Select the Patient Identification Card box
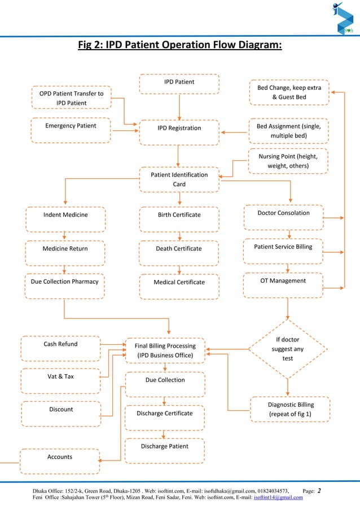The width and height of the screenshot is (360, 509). tap(179, 179)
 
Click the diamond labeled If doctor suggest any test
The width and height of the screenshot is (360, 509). tap(288, 349)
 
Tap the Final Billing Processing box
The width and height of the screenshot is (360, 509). tap(165, 350)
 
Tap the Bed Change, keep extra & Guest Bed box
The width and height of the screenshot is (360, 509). tap(289, 93)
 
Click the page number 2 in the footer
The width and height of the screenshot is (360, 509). tap(320, 490)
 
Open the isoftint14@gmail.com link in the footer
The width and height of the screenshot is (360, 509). tap(279, 497)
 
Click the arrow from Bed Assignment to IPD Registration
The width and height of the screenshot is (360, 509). tap(235, 133)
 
